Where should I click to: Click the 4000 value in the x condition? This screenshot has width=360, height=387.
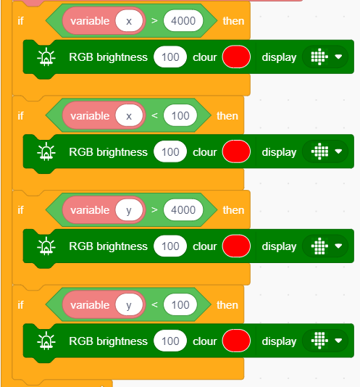[183, 21]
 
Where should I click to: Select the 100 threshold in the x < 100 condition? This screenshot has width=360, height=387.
[180, 115]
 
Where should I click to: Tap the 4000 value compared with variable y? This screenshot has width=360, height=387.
[183, 210]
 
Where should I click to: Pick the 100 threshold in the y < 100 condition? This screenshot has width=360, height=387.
[180, 305]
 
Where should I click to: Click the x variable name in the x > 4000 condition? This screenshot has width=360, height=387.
[129, 21]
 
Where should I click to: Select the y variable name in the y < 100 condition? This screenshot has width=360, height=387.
[129, 305]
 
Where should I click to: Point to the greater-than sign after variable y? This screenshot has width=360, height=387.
[154, 209]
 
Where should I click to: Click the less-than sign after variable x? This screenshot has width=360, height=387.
[154, 115]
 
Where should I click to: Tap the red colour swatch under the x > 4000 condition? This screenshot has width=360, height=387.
[236, 57]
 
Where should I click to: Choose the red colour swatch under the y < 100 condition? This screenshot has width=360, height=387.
[236, 341]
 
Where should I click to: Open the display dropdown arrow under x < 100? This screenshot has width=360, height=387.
[338, 151]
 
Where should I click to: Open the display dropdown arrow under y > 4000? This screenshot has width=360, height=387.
[338, 246]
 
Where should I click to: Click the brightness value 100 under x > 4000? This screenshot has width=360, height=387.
[170, 57]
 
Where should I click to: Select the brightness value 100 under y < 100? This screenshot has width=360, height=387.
[170, 341]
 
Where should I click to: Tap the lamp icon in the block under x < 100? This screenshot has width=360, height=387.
[46, 151]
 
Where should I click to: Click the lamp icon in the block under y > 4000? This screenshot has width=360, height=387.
[46, 246]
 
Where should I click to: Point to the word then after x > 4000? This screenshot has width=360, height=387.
[233, 21]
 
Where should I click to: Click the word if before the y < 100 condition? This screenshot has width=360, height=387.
[20, 305]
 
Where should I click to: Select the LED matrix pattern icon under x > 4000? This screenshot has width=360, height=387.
[319, 57]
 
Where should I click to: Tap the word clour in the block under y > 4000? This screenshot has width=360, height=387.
[204, 246]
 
